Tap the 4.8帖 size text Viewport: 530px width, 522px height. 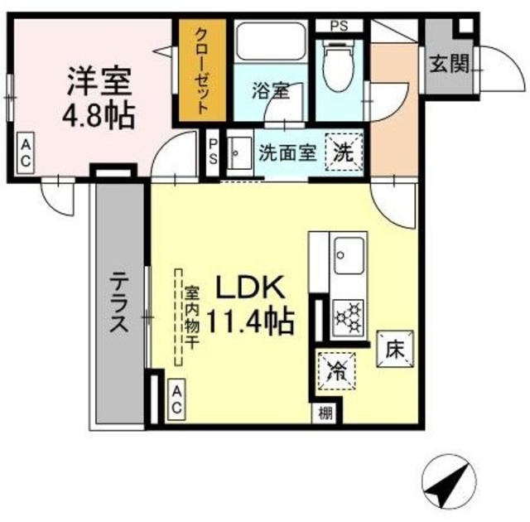click(x=98, y=116)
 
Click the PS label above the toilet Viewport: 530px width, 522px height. click(x=339, y=26)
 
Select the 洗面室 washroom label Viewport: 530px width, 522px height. click(x=286, y=152)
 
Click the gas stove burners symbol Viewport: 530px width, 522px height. click(x=346, y=316)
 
